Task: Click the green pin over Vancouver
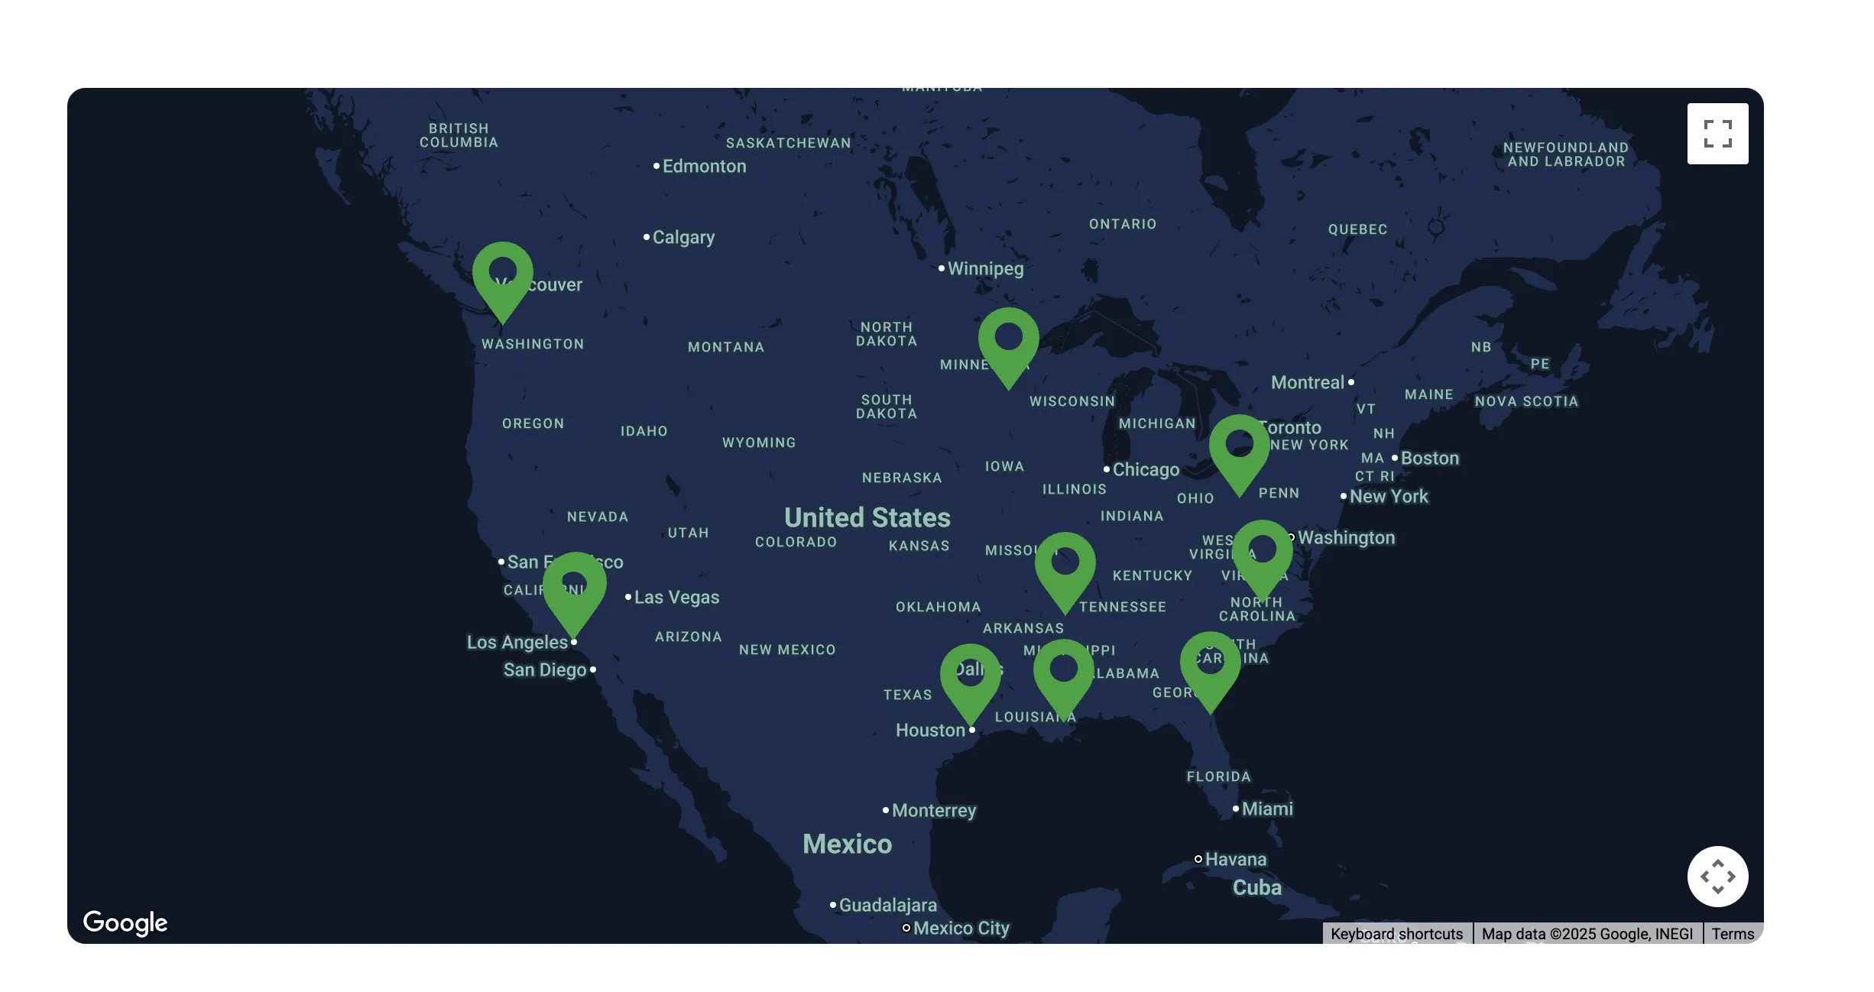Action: coord(502,275)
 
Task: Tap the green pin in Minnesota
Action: coord(1008,341)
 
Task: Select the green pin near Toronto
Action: coord(1239,448)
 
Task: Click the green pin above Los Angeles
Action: coord(574,587)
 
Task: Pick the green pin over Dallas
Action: coord(970,676)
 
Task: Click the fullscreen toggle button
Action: coord(1717,134)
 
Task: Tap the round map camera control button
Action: coord(1717,876)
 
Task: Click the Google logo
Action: coord(125,922)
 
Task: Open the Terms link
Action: coord(1733,934)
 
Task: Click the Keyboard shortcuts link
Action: coord(1396,934)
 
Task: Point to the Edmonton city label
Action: coord(704,167)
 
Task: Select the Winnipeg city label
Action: coord(985,269)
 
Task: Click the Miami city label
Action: coord(1266,809)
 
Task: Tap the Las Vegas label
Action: coord(676,598)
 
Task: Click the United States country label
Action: coord(867,518)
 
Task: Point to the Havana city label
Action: coord(1235,860)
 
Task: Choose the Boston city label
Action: coord(1429,459)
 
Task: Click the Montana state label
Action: coord(725,348)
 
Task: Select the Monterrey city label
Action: coord(933,810)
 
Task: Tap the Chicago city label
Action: coord(1145,469)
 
